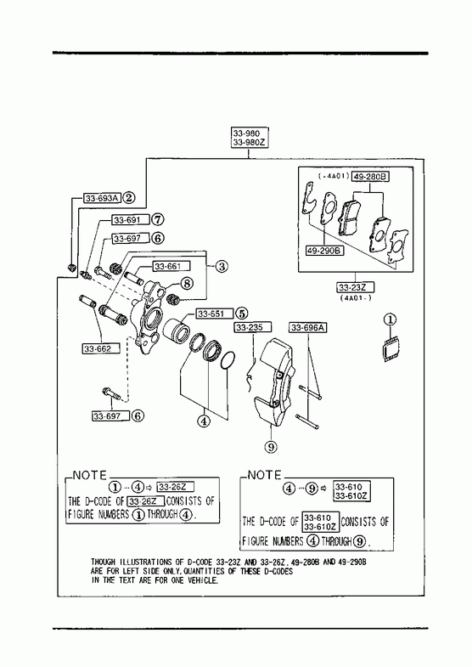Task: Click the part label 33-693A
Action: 103,198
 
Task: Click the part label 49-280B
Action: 370,176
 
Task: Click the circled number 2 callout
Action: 129,198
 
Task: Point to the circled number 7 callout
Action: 158,220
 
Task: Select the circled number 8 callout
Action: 188,283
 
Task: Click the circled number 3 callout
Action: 221,267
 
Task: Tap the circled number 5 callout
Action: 241,314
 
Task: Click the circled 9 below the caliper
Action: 271,447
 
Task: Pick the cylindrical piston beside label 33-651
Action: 174,330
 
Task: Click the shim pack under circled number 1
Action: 391,349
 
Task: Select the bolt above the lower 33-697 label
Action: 110,393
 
